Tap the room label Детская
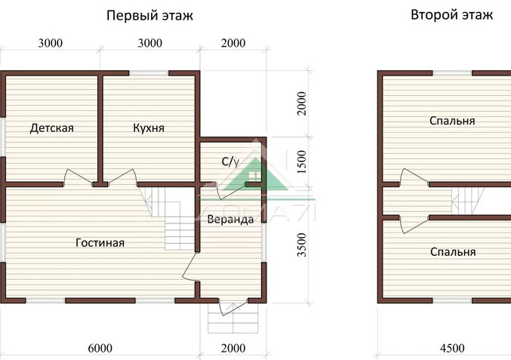click(52, 128)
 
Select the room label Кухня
click(149, 128)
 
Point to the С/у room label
click(230, 161)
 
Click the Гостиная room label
click(100, 243)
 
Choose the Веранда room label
click(230, 220)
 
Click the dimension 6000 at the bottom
click(100, 348)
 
